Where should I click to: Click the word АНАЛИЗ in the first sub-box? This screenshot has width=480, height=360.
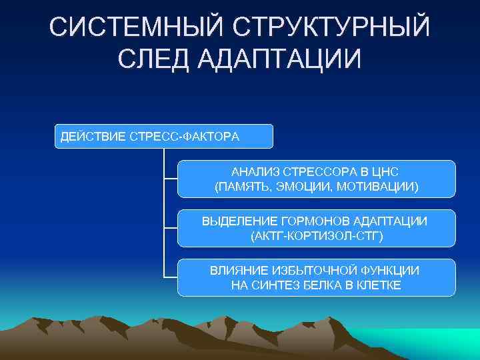click(253, 172)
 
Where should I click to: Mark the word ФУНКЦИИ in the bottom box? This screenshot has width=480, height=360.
click(392, 271)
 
